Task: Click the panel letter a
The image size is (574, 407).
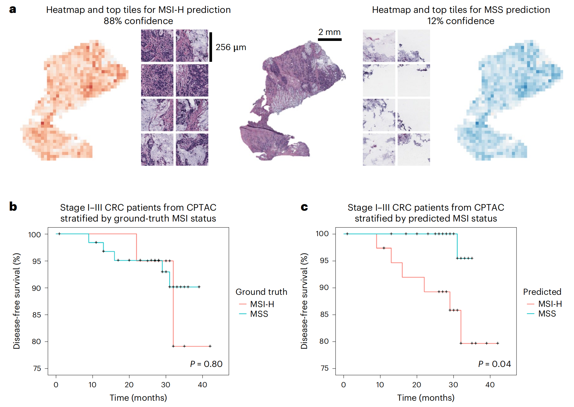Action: coord(13,9)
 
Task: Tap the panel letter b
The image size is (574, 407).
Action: coord(13,206)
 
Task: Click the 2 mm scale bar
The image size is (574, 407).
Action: coord(330,39)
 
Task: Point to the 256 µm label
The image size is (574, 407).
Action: coord(231,47)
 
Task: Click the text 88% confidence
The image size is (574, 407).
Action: coord(138,21)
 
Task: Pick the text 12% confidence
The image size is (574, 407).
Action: coord(461,21)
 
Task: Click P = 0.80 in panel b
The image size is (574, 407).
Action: coord(206,364)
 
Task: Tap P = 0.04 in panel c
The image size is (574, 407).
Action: coord(494,364)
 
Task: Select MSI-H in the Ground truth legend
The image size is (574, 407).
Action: coord(262,304)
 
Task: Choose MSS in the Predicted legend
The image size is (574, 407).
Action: coord(547,314)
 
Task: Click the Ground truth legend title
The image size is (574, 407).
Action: coord(261,292)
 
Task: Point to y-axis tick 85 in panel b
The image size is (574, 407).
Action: coord(36,315)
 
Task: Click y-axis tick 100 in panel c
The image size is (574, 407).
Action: coord(322,234)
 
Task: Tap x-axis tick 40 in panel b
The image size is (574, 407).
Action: coord(202,385)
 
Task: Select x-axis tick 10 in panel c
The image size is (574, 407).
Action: coord(380,385)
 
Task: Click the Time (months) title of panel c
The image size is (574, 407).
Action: coord(425,398)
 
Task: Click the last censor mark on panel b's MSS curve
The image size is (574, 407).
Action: coord(199,287)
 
